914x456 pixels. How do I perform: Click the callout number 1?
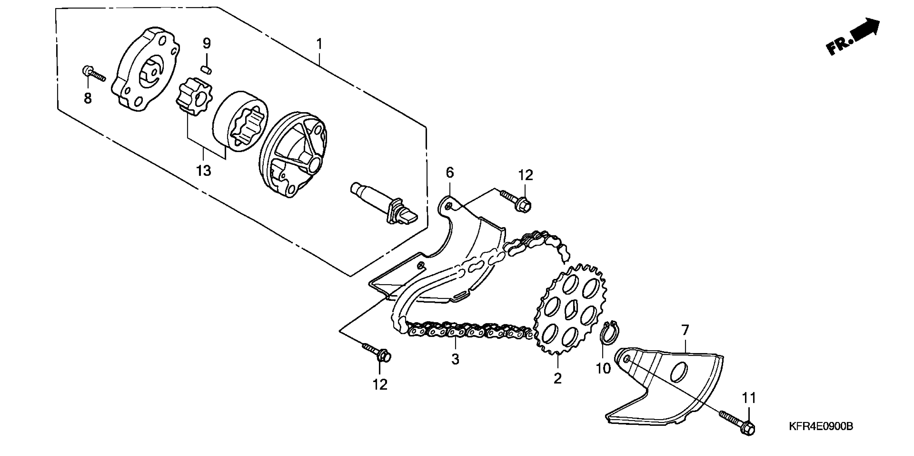[319, 44]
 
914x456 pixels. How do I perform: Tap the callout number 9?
[207, 43]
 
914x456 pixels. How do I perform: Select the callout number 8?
[88, 98]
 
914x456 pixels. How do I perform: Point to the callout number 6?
[450, 173]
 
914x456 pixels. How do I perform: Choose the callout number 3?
[455, 359]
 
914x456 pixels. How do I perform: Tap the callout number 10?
[603, 369]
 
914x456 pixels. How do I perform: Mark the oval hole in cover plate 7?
[678, 372]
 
